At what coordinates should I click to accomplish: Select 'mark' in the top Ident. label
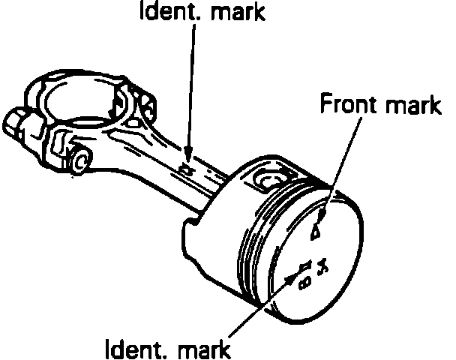point(232,13)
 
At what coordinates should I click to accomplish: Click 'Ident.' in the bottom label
point(134,348)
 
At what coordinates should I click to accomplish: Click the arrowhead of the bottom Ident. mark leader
point(294,274)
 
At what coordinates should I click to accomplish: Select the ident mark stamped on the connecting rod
point(187,172)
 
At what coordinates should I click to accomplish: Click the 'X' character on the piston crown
point(323,266)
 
